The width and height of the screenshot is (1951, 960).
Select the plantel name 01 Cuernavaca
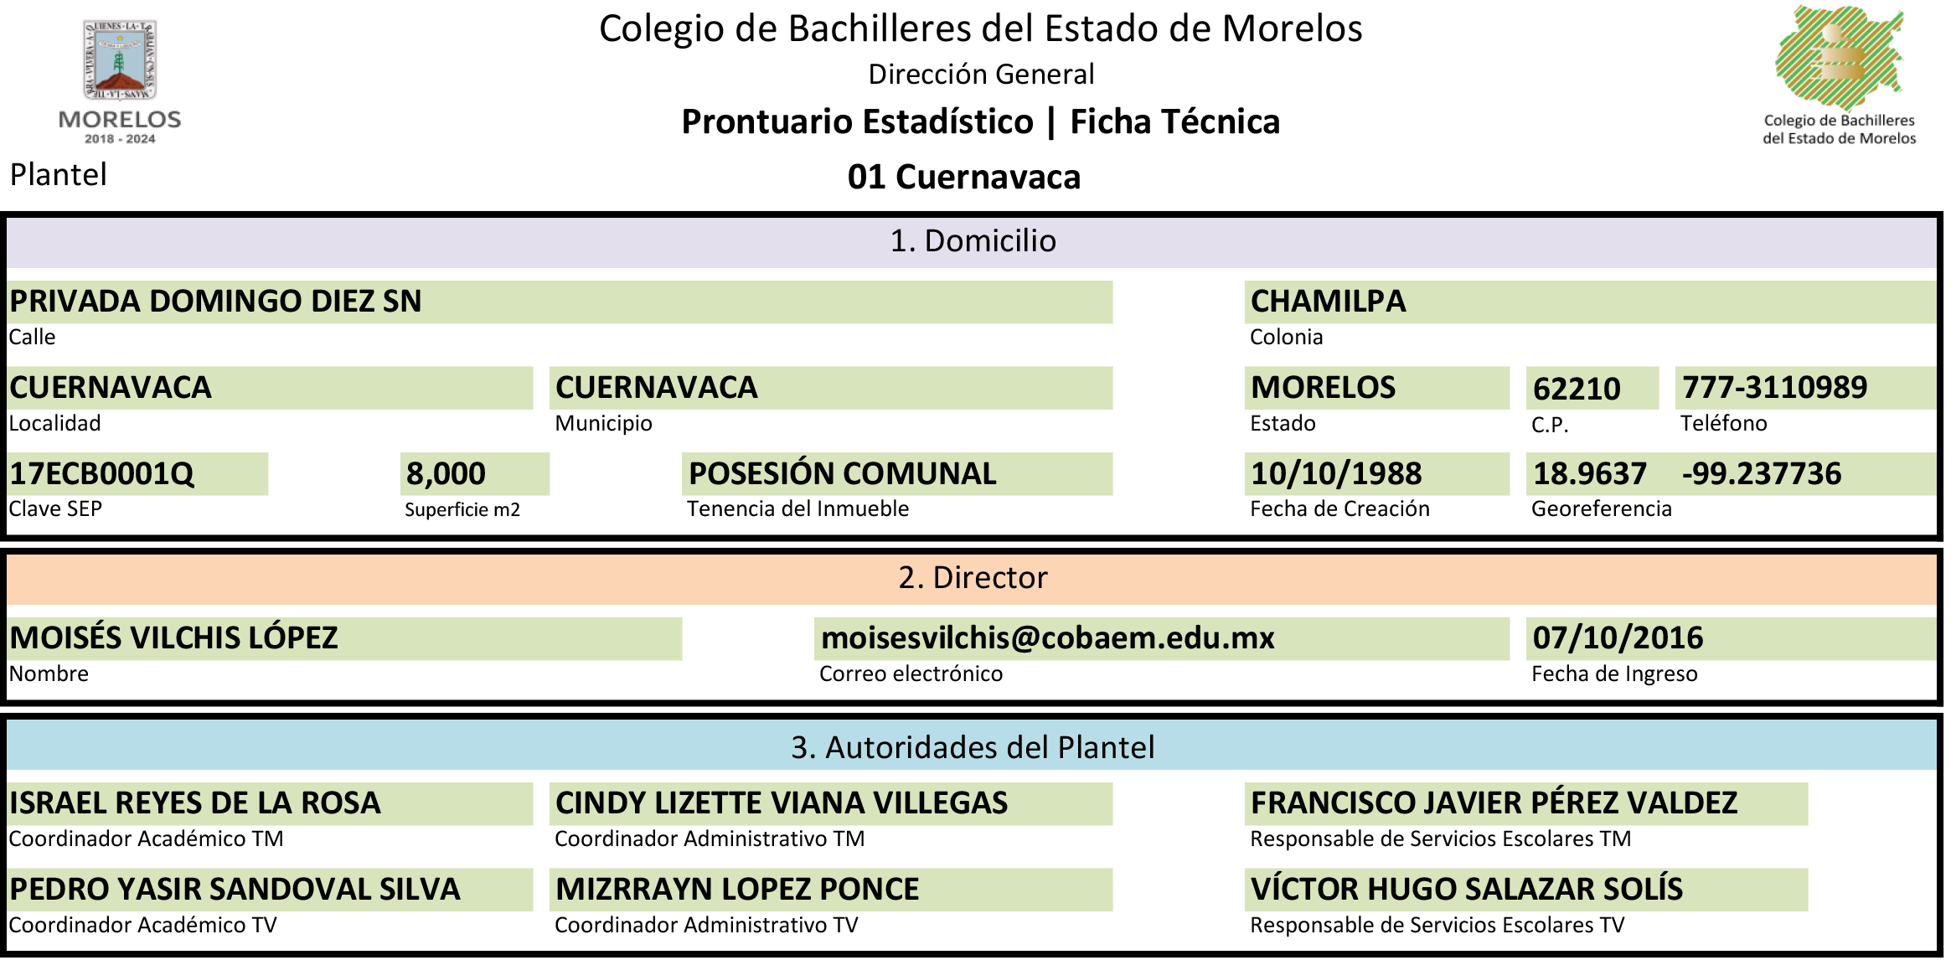[x=964, y=177]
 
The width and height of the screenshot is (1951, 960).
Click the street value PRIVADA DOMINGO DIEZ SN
[x=215, y=302]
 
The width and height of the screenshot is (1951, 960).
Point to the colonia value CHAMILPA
[x=1328, y=302]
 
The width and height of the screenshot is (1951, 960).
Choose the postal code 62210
[x=1577, y=389]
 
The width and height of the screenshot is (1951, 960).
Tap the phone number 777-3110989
[x=1774, y=387]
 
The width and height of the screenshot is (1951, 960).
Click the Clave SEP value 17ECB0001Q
[x=101, y=474]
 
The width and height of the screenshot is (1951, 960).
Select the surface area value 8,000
[x=446, y=474]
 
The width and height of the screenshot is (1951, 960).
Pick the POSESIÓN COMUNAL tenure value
[x=843, y=473]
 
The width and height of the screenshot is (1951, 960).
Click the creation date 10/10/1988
[x=1336, y=474]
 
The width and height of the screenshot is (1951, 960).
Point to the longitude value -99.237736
[x=1762, y=474]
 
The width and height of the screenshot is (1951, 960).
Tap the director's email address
[x=1048, y=638]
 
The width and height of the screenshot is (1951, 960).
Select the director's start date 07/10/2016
[x=1618, y=638]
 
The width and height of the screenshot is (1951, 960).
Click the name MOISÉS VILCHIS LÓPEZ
[x=173, y=637]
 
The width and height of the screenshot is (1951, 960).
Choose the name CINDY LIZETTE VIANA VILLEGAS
[x=782, y=803]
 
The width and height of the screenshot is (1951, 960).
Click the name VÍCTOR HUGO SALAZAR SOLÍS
[x=1467, y=889]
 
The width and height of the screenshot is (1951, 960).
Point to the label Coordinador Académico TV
[x=142, y=925]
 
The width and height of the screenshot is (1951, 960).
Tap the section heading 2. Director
[x=973, y=578]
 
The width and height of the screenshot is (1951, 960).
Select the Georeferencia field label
[x=1601, y=508]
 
